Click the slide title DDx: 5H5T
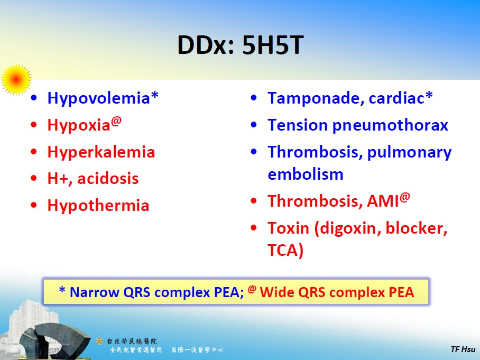pos(240,47)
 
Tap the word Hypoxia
pos(79,125)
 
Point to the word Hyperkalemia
pos(101,152)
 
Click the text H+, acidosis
pos(93,179)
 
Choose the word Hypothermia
pos(98,206)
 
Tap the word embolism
pos(306,174)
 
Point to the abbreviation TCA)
pos(285,251)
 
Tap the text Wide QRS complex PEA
pos(337,292)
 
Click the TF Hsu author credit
pos(464,349)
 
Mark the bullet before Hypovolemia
pos(34,98)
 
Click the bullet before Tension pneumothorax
pos(255,126)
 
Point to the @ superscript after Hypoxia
pos(116,121)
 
